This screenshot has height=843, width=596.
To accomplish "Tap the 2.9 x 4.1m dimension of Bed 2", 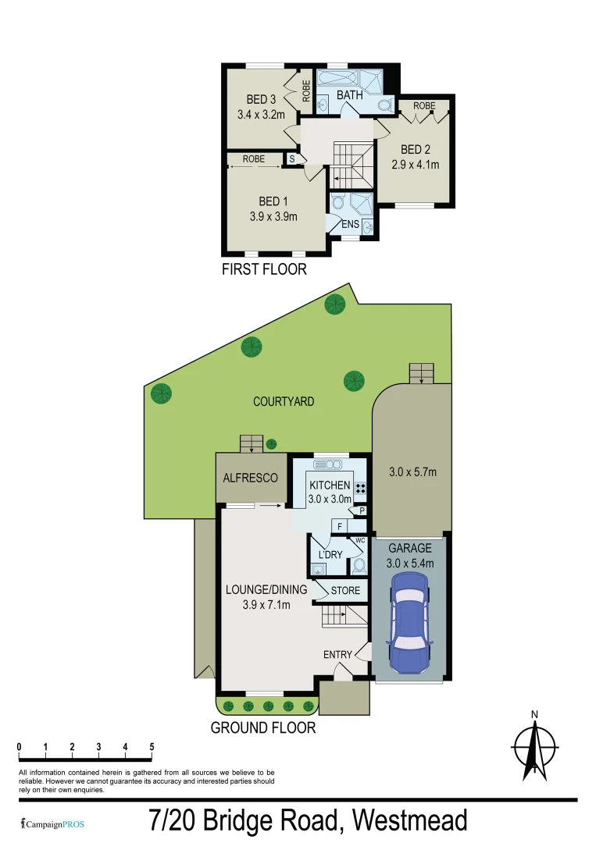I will pyautogui.click(x=416, y=165).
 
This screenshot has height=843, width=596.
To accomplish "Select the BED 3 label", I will pyautogui.click(x=262, y=99).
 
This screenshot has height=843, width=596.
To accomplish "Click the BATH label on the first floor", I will pyautogui.click(x=349, y=95).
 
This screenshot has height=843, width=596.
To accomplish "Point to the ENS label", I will pyautogui.click(x=351, y=225).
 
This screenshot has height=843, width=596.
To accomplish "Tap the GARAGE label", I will pyautogui.click(x=411, y=548).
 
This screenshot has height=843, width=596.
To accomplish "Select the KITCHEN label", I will pyautogui.click(x=330, y=486).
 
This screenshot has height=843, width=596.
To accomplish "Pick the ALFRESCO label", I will pyautogui.click(x=251, y=478).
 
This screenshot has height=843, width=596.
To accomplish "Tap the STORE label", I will pyautogui.click(x=345, y=591).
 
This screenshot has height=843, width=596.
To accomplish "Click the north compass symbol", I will pyautogui.click(x=534, y=747).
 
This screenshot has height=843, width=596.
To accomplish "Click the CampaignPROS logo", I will pyautogui.click(x=52, y=824).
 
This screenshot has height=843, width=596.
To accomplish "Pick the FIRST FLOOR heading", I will pyautogui.click(x=264, y=269).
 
